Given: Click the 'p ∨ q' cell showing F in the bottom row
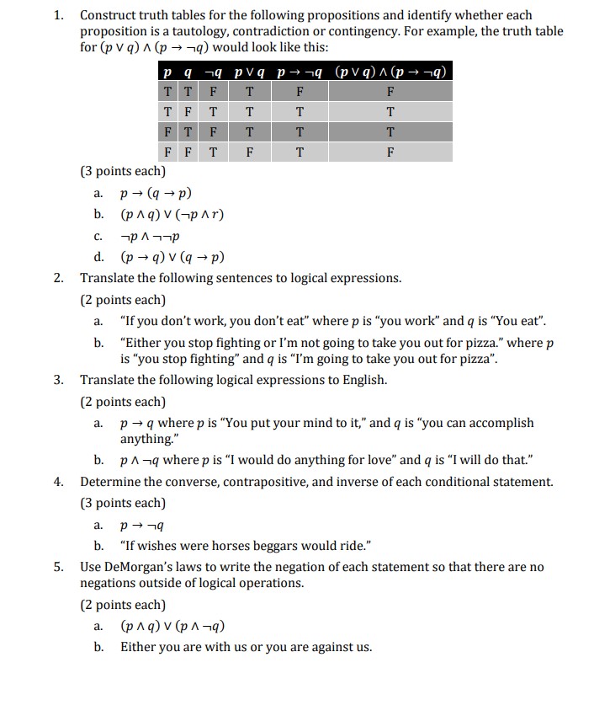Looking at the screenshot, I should (250, 152).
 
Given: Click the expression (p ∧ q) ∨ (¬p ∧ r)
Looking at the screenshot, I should (172, 214).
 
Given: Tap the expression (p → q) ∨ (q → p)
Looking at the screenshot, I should (172, 257).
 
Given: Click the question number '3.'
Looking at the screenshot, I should (59, 380).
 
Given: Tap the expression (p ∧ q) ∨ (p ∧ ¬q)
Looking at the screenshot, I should (172, 626).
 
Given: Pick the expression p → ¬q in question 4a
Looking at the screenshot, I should (141, 524).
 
